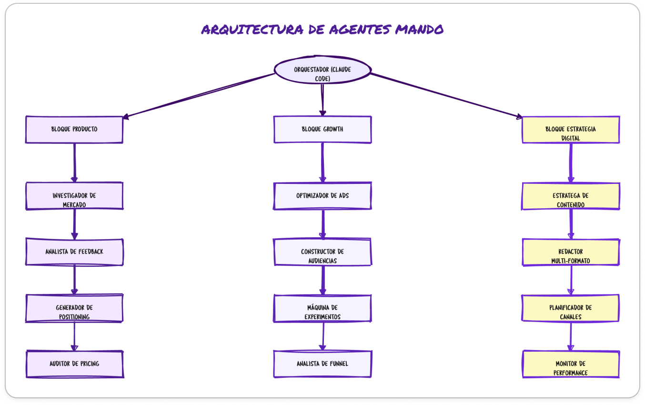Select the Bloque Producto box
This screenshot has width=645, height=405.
coord(74,129)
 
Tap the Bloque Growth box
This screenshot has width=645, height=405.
coord(322,129)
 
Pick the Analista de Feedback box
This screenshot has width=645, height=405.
coord(74,252)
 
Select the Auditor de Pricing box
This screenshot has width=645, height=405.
coord(74,364)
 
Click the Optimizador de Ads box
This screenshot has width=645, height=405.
coord(322,195)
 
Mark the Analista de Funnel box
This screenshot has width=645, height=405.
coord(322,364)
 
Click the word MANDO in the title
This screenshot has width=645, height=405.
coord(419,30)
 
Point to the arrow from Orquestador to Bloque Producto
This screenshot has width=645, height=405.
coord(200,95)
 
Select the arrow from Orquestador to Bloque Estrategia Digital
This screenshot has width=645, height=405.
coord(445,95)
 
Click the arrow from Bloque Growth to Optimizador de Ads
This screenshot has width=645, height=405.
coord(322,162)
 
